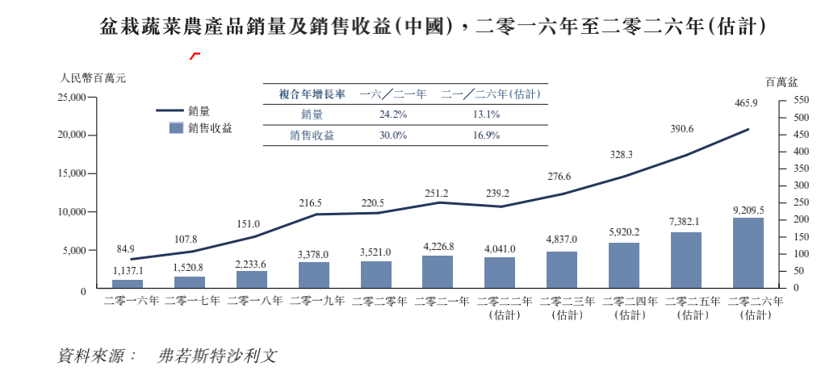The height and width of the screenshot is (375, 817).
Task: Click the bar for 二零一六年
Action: [128, 284]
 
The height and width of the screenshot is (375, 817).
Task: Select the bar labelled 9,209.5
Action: [748, 253]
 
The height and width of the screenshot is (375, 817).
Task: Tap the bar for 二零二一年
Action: [438, 273]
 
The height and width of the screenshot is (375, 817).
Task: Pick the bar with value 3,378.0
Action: [313, 276]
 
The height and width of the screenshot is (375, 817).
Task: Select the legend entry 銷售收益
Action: [210, 128]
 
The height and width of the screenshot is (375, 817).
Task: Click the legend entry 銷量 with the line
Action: [199, 110]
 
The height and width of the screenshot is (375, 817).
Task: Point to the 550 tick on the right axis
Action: [800, 100]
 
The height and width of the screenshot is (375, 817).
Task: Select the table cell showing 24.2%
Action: [393, 115]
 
